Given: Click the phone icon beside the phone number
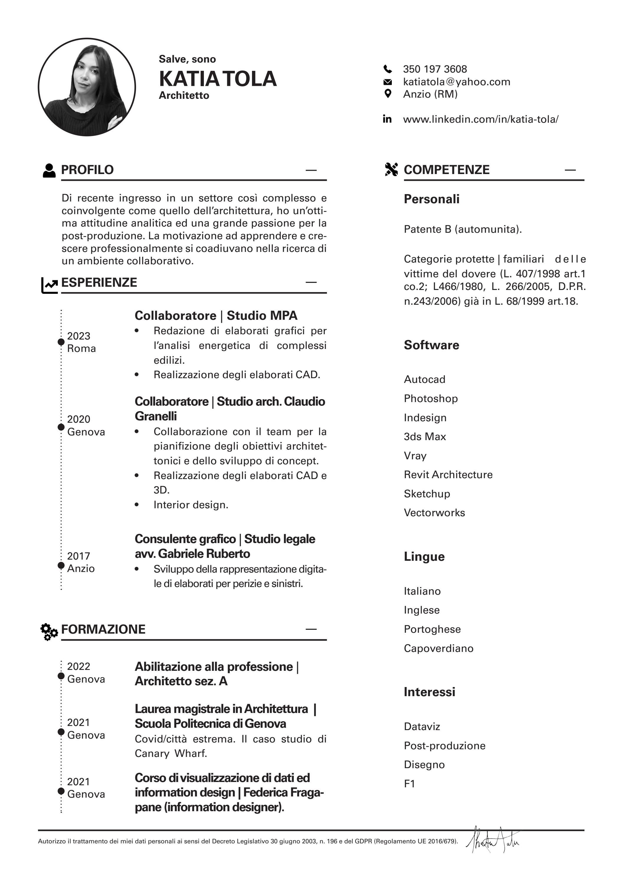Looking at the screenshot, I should point(388,69).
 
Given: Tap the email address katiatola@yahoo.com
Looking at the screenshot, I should point(456,82).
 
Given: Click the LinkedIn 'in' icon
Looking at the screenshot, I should point(387,119).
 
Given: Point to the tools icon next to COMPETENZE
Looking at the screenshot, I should point(391,169).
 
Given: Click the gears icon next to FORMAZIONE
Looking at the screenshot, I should point(49,632).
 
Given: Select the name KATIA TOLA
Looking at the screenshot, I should point(217,79).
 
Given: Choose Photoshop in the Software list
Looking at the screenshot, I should point(430,398).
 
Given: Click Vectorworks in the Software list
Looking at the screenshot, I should point(434,512).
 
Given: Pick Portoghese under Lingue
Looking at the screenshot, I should point(432,629).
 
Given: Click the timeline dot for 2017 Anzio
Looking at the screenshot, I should point(61,565).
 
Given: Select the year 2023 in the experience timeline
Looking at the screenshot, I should point(78,336).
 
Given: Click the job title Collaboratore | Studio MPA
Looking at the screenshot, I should point(216,315).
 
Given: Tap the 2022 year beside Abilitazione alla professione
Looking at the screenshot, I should point(78,666).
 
